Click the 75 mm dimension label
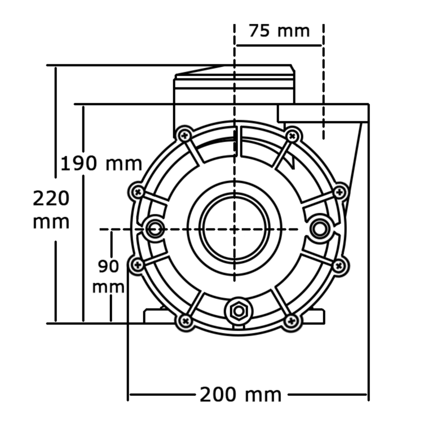point(280,30)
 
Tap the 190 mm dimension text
point(102,164)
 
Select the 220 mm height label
point(51,209)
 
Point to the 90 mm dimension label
point(108,276)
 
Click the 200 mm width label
point(240,394)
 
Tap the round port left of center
point(154,228)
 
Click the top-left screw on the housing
point(184,135)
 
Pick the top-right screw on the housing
point(292,135)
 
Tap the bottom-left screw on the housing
point(184,321)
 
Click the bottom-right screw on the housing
point(291,321)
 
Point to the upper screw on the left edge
point(137,191)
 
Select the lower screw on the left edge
point(136,264)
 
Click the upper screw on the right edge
point(339,192)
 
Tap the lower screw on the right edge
point(338,265)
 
